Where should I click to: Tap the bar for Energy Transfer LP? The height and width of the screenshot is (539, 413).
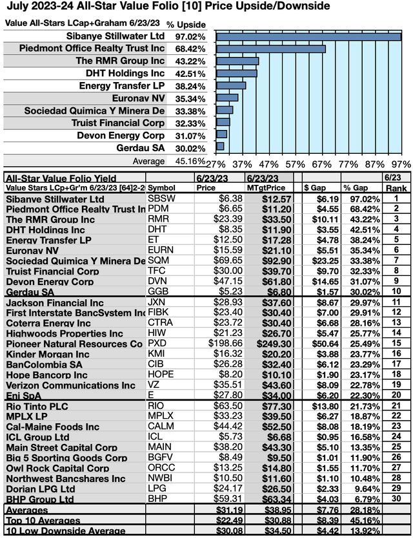tap(230, 85)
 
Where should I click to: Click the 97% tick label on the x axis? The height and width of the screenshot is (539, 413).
tap(401, 164)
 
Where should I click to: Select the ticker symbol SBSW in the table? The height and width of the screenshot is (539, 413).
tap(161, 198)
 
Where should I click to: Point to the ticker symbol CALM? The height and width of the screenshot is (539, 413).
tap(161, 427)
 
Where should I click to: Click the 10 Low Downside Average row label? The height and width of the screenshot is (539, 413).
tap(57, 532)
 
